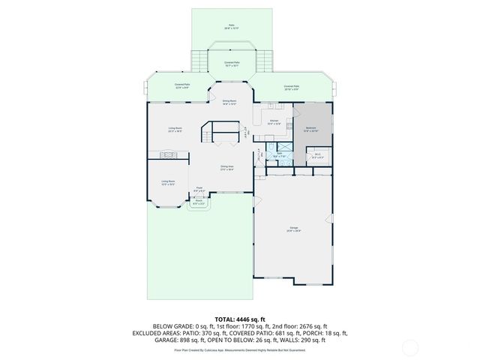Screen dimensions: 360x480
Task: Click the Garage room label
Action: [294, 228]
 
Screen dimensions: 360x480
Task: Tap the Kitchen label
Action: [274, 121]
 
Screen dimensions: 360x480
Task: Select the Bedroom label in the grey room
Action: [310, 129]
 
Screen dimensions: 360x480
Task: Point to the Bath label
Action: [279, 155]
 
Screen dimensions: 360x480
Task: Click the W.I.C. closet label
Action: [317, 155]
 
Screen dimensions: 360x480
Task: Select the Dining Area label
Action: [227, 168]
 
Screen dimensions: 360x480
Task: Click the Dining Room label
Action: [229, 102]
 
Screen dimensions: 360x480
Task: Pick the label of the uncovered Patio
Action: [231, 26]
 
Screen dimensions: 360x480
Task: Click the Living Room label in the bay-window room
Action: [168, 182]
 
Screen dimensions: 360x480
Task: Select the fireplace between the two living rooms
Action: [167, 155]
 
